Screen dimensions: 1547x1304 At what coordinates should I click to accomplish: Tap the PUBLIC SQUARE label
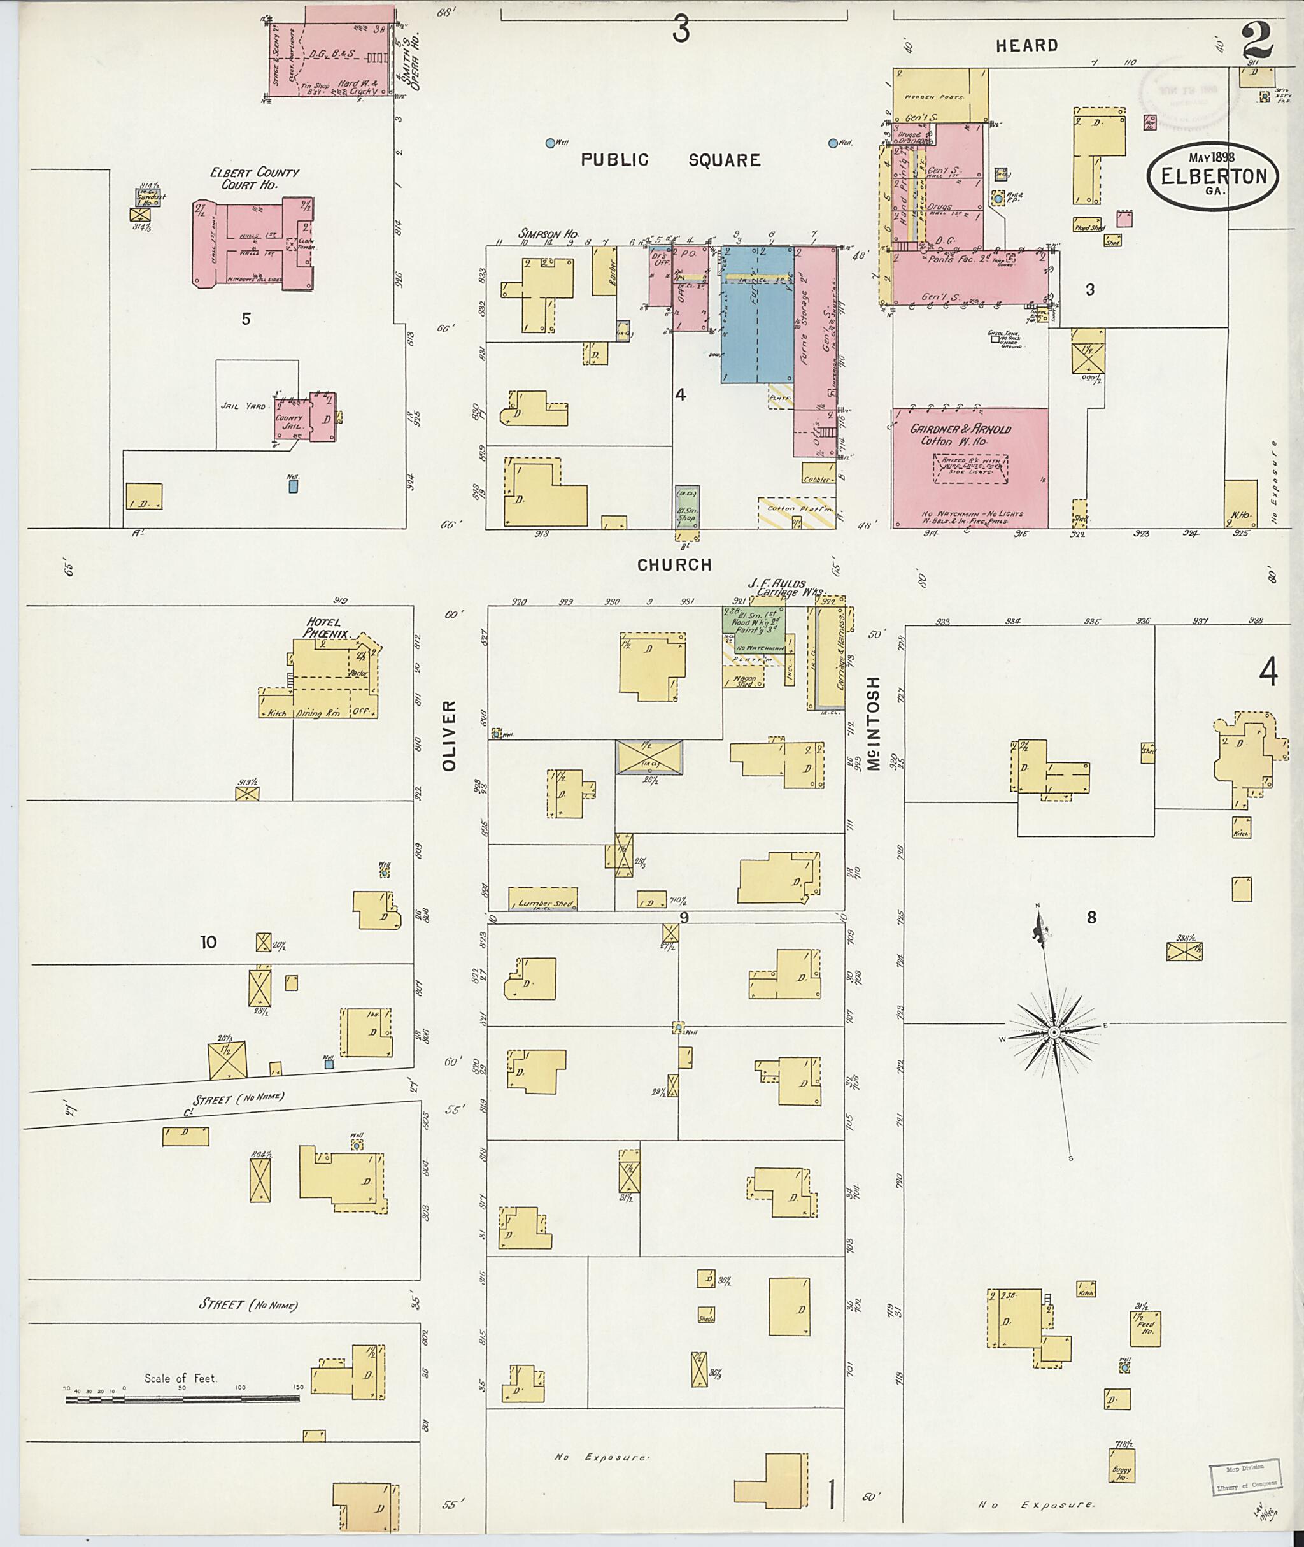coord(670,160)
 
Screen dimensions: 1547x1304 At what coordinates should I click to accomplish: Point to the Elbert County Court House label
coord(253,178)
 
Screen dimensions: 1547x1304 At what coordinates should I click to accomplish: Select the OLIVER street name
coord(450,736)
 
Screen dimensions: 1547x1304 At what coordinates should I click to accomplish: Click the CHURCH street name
coord(674,565)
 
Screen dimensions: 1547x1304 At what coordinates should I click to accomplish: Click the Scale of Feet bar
coord(183,1399)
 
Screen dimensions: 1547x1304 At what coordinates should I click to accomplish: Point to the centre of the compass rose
coord(1055,1032)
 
